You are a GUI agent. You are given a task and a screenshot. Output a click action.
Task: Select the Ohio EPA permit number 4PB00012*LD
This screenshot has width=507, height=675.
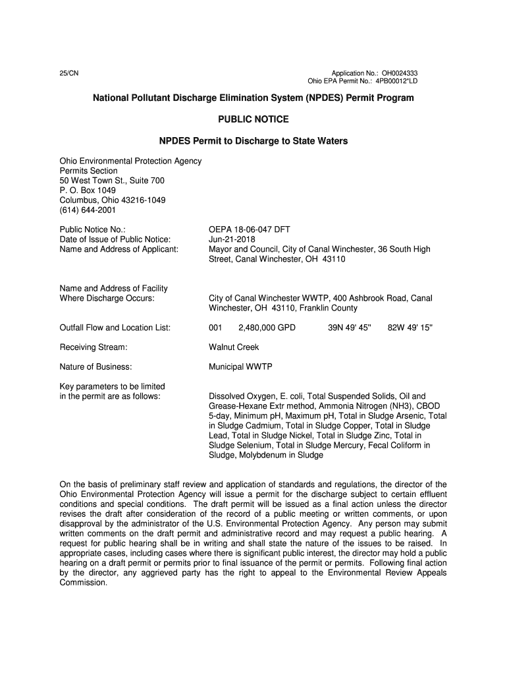[x=396, y=81]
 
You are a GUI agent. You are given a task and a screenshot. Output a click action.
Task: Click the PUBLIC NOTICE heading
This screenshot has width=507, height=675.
[x=254, y=119]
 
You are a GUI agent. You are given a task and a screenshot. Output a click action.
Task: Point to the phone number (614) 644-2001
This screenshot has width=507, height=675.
[x=88, y=210]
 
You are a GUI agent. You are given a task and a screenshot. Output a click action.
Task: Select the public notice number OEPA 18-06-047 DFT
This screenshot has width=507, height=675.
[x=250, y=229]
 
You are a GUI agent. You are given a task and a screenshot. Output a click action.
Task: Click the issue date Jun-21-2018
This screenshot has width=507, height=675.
[x=232, y=239]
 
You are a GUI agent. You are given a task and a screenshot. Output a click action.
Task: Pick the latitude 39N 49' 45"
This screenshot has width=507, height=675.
[x=350, y=328]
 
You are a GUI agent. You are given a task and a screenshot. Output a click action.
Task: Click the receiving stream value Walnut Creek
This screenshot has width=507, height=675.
[x=234, y=347]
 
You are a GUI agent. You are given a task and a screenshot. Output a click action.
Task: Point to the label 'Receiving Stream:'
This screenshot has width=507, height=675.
[x=93, y=347]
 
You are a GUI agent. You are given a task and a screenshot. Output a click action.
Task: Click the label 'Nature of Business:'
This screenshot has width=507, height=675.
[x=96, y=367]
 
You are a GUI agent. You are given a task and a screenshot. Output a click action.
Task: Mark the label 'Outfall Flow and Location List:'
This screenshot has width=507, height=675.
[x=115, y=328]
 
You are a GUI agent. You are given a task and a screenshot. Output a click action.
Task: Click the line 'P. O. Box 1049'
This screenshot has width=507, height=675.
[x=88, y=191]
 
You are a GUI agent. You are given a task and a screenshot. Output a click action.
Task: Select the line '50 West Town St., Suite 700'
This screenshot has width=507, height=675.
[x=112, y=181]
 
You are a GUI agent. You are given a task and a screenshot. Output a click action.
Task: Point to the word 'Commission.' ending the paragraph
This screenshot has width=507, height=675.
[x=83, y=582]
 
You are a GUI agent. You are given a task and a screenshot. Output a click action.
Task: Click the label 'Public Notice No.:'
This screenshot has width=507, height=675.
[x=93, y=229]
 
